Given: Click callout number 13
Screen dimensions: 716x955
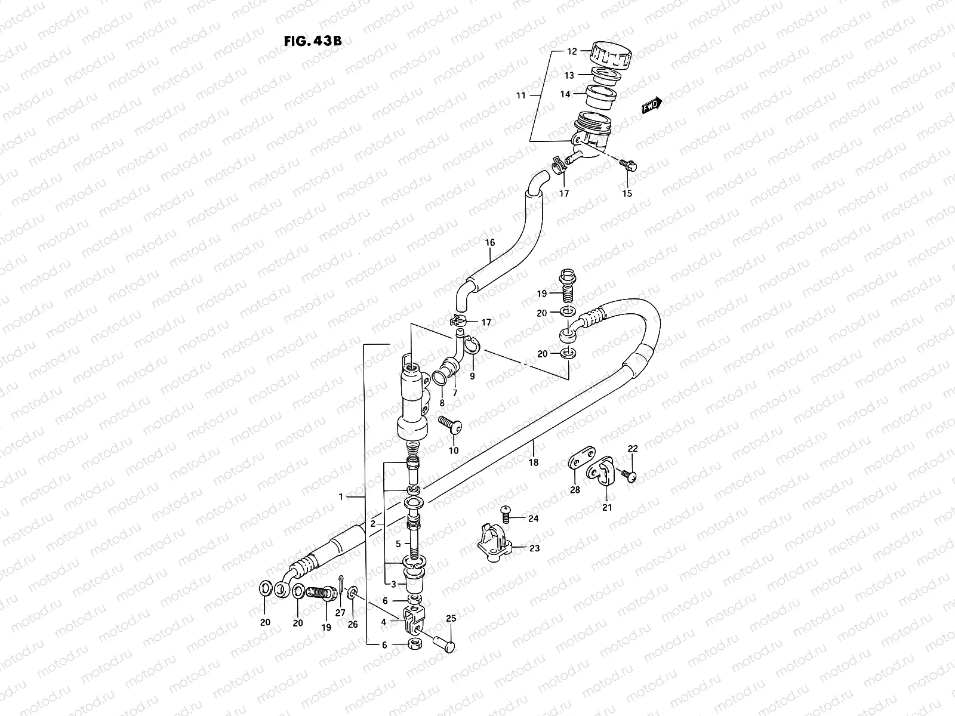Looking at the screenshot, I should click(569, 75).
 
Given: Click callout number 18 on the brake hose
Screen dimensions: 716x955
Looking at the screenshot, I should click(533, 462).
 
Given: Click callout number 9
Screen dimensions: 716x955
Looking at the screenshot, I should click(472, 376).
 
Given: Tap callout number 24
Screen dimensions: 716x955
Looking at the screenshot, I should click(533, 518).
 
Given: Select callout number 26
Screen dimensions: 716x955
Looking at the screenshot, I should click(353, 625).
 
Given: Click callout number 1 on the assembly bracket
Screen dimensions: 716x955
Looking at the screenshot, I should click(341, 496).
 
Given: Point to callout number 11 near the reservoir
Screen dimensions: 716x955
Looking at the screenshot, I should click(520, 95).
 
